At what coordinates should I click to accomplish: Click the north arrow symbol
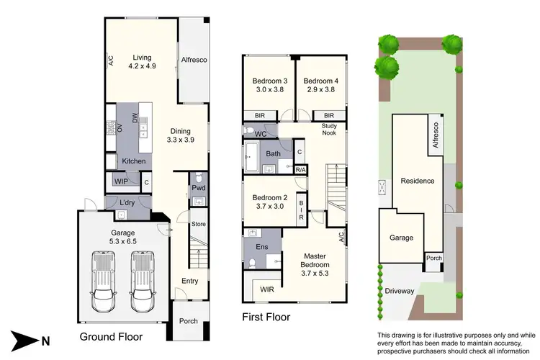(27, 339)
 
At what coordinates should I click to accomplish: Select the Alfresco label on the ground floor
(194, 60)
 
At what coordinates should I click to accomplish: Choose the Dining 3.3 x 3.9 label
(181, 135)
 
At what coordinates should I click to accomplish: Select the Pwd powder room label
(198, 189)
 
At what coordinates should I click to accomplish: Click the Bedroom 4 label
(320, 86)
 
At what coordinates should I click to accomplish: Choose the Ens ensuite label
(262, 246)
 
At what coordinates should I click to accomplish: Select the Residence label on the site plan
(418, 181)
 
